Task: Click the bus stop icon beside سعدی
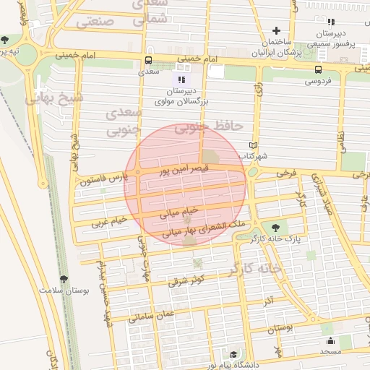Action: [x=148, y=61]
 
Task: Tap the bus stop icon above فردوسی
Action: [x=318, y=69]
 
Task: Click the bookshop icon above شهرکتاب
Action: [x=252, y=145]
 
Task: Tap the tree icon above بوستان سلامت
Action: [x=64, y=278]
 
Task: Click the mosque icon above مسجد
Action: [x=331, y=341]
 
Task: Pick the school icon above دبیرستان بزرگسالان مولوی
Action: [x=181, y=79]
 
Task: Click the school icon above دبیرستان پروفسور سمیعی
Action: [x=332, y=22]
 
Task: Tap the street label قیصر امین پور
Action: [x=184, y=171]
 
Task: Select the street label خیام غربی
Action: [x=110, y=220]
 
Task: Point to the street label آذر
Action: [x=268, y=299]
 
